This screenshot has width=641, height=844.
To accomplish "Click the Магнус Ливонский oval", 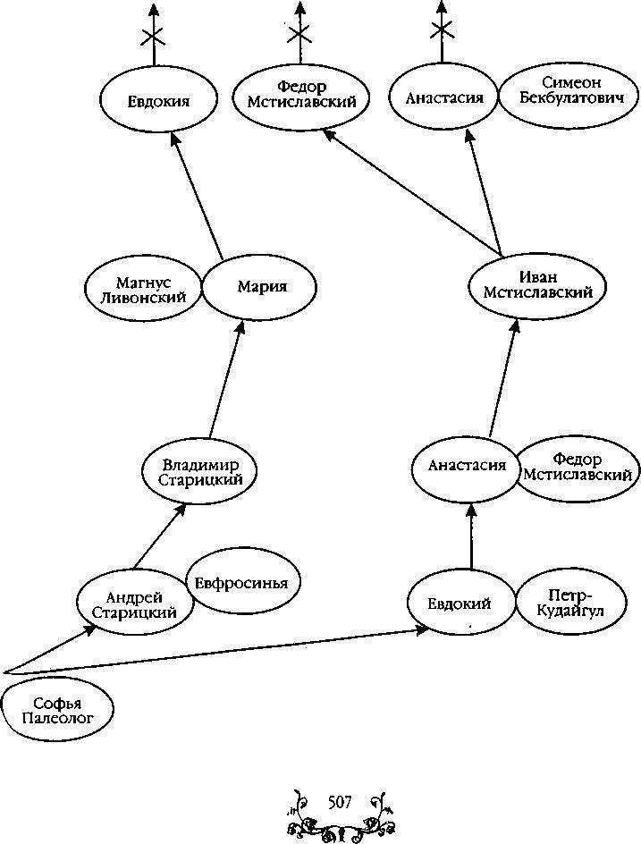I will [144, 289].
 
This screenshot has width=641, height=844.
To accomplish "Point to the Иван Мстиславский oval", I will [536, 284].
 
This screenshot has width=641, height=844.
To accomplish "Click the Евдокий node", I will [461, 604].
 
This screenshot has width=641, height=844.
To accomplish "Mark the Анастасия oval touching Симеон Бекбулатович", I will [443, 98].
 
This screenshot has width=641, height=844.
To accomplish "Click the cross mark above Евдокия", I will [154, 37].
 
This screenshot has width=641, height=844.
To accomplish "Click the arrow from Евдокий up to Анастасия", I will [470, 536].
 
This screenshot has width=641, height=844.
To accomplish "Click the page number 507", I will [341, 800].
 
